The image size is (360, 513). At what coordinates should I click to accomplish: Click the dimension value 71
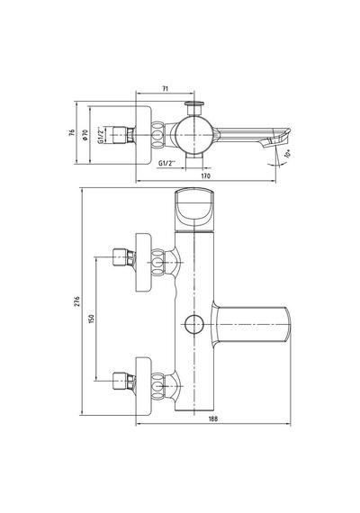[x=166, y=88]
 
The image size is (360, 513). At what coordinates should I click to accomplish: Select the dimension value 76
[x=72, y=132]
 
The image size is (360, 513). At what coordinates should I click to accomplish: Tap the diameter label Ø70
[x=85, y=134]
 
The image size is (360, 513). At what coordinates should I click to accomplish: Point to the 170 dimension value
[x=205, y=176]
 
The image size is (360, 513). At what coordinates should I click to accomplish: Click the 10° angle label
[x=288, y=154]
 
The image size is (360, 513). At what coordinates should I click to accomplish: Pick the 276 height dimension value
[x=76, y=301]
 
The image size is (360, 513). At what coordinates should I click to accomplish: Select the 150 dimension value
[x=91, y=319]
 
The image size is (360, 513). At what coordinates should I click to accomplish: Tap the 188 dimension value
[x=213, y=418]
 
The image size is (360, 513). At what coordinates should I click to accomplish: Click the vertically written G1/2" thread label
[x=101, y=135]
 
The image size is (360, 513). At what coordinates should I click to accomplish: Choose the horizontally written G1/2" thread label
[x=167, y=163]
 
